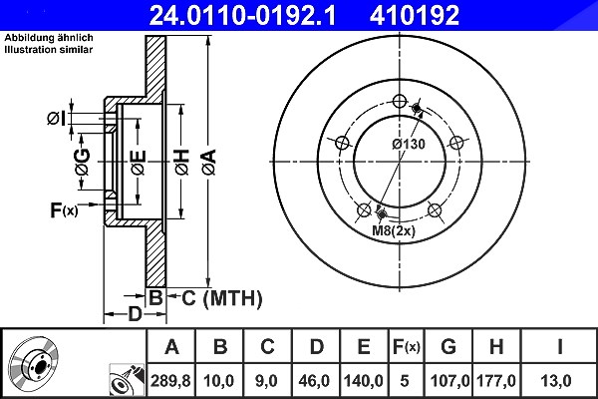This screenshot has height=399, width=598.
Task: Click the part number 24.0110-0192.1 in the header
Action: [242, 15]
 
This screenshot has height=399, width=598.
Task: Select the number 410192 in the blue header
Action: [415, 15]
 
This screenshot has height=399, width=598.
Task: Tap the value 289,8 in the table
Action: [170, 381]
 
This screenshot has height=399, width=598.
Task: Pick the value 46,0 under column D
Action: [315, 381]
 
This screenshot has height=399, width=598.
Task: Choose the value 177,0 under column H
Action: [495, 381]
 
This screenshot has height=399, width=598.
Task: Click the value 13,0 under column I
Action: [557, 381]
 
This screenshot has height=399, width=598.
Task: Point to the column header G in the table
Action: [448, 347]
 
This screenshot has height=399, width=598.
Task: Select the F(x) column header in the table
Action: [407, 347]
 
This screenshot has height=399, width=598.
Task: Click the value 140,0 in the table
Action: [364, 381]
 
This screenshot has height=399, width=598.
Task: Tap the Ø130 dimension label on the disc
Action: [409, 144]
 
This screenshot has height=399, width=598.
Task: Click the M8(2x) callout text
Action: [394, 230]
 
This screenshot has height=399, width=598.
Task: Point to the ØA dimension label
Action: [209, 162]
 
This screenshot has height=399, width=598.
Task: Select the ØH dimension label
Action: [182, 162]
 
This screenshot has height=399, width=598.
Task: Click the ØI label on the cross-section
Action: [57, 119]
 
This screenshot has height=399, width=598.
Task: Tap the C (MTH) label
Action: [222, 298]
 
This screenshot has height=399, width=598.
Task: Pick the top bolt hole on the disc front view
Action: [400, 101]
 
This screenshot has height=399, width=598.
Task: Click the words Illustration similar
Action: [49, 50]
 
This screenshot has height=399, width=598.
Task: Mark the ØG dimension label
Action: [83, 162]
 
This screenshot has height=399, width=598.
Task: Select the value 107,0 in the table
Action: [448, 381]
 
